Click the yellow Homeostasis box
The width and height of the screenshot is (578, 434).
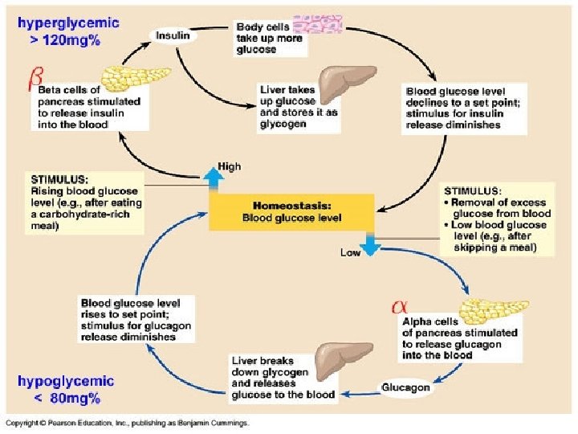291,211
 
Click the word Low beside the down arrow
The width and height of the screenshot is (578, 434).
350,252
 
